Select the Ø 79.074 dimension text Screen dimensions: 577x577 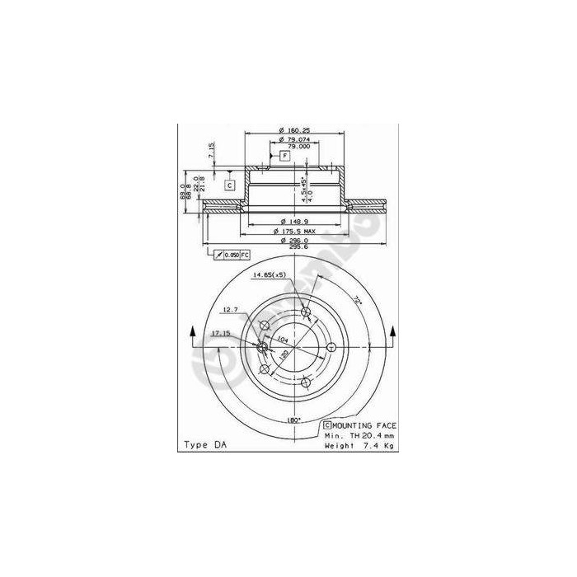coord(293,139)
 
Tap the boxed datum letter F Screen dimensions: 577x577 coord(284,156)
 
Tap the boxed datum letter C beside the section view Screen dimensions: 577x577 coord(230,185)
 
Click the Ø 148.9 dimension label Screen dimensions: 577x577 coord(293,221)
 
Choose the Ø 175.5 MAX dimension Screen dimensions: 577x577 coord(295,231)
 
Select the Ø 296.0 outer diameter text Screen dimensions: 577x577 coord(294,241)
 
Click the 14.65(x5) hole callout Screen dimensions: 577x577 coord(270,274)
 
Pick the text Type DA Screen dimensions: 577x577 coord(202,446)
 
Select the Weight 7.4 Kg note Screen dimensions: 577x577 coord(359,445)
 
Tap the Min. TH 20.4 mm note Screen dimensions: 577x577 coord(359,435)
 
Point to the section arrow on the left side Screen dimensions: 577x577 coord(195,332)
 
